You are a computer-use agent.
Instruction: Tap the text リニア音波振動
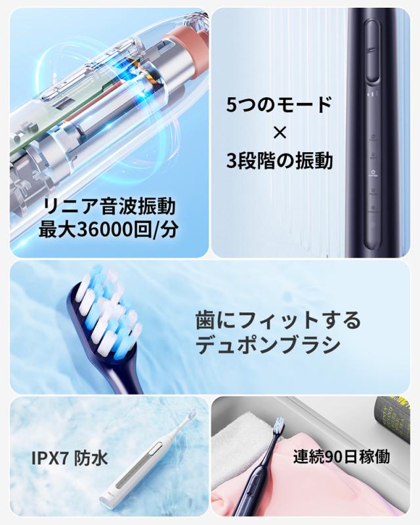pos(109,207)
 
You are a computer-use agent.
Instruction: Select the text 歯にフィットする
pos(278,320)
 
